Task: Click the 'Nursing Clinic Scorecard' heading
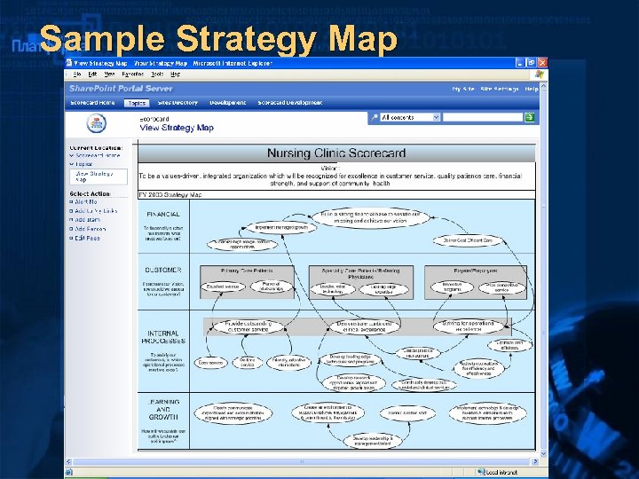point(336,153)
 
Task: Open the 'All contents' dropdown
point(410,117)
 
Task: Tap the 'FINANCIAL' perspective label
point(162,215)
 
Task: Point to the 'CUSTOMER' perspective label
point(162,270)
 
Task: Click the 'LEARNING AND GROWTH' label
point(162,409)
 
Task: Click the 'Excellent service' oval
point(222,287)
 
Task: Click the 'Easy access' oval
point(210,363)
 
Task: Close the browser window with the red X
point(541,64)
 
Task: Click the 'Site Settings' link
point(499,89)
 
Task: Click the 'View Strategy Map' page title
point(177,128)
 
